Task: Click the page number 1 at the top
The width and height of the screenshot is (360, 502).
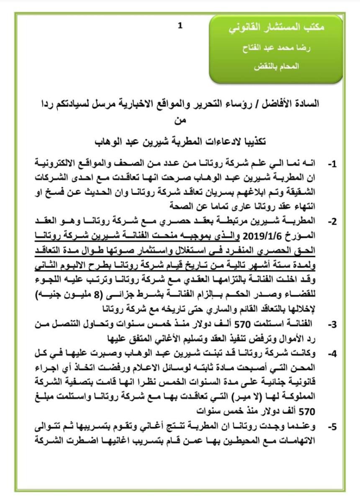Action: pyautogui.click(x=180, y=26)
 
